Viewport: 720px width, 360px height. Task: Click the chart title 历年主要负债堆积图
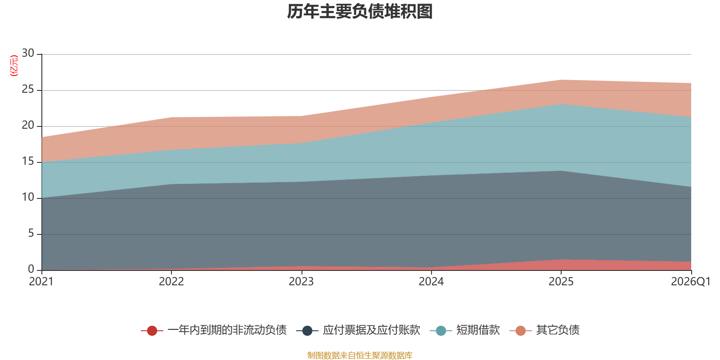click(x=360, y=12)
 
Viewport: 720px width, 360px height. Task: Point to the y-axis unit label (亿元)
click(x=14, y=66)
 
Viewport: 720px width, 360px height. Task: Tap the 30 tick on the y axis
click(x=28, y=53)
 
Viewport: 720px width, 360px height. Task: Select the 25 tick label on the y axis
click(x=28, y=89)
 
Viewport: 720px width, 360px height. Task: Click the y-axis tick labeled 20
click(x=28, y=125)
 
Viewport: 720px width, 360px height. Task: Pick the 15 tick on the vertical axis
click(x=28, y=161)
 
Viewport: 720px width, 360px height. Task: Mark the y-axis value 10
click(x=28, y=197)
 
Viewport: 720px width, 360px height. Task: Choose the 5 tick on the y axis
click(x=31, y=233)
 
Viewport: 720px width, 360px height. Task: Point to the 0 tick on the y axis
click(x=31, y=269)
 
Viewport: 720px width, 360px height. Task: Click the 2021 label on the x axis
click(x=41, y=282)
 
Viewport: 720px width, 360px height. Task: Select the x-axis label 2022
click(x=171, y=282)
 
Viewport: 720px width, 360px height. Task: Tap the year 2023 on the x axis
click(x=301, y=282)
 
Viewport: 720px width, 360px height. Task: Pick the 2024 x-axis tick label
click(x=431, y=282)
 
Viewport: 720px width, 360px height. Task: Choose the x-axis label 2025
click(x=561, y=282)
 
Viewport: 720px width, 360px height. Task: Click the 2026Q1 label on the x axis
click(x=691, y=282)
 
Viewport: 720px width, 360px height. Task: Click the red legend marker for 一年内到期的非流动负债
click(x=152, y=330)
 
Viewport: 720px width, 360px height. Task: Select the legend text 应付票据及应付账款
click(x=372, y=330)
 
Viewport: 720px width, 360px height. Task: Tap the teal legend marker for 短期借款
click(x=441, y=330)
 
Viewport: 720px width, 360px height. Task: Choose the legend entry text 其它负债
click(x=558, y=330)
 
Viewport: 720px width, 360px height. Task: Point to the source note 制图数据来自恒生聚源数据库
click(x=360, y=355)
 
